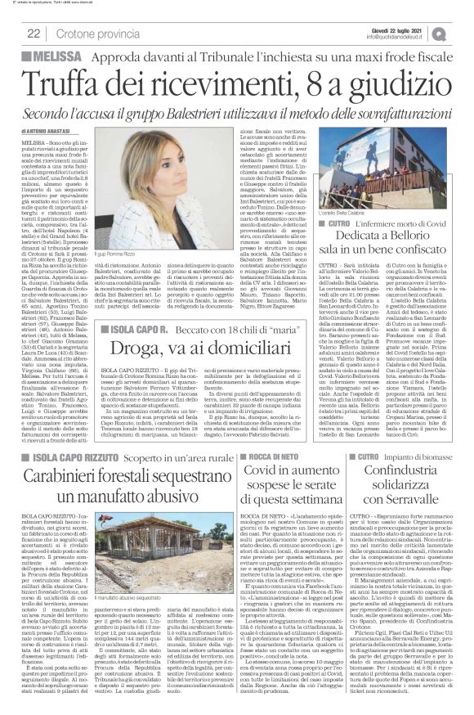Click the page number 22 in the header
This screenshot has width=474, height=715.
(35, 33)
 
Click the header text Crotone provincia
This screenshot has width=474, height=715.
(93, 34)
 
